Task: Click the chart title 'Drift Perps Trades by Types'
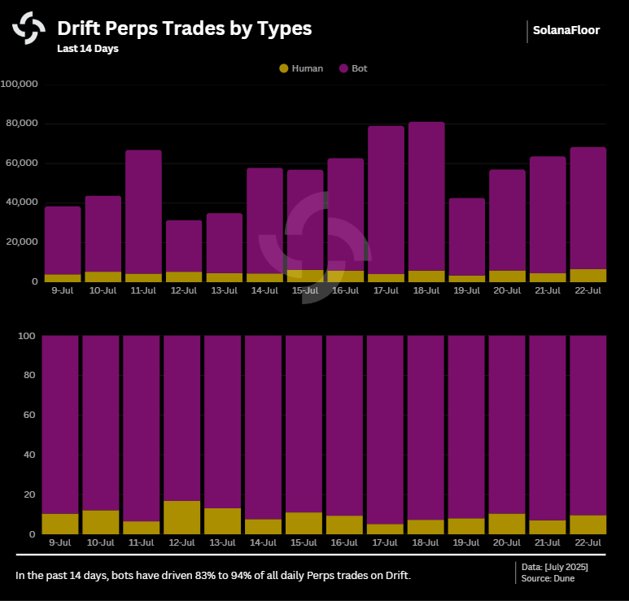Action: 184,28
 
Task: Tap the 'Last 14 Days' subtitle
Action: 88,49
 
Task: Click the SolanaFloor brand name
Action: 566,31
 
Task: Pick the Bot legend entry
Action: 353,68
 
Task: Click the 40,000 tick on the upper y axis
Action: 23,203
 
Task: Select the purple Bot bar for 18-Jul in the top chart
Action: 426,195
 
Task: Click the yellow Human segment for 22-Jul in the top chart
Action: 588,276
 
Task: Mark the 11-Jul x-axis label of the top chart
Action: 143,290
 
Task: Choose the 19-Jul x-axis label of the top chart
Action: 466,290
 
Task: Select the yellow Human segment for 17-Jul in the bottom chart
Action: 386,529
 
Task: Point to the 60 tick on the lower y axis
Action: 28,416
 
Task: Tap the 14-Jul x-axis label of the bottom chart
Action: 264,542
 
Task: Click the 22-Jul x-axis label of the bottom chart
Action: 588,542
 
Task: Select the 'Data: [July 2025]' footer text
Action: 555,567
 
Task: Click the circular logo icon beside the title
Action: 28,28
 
